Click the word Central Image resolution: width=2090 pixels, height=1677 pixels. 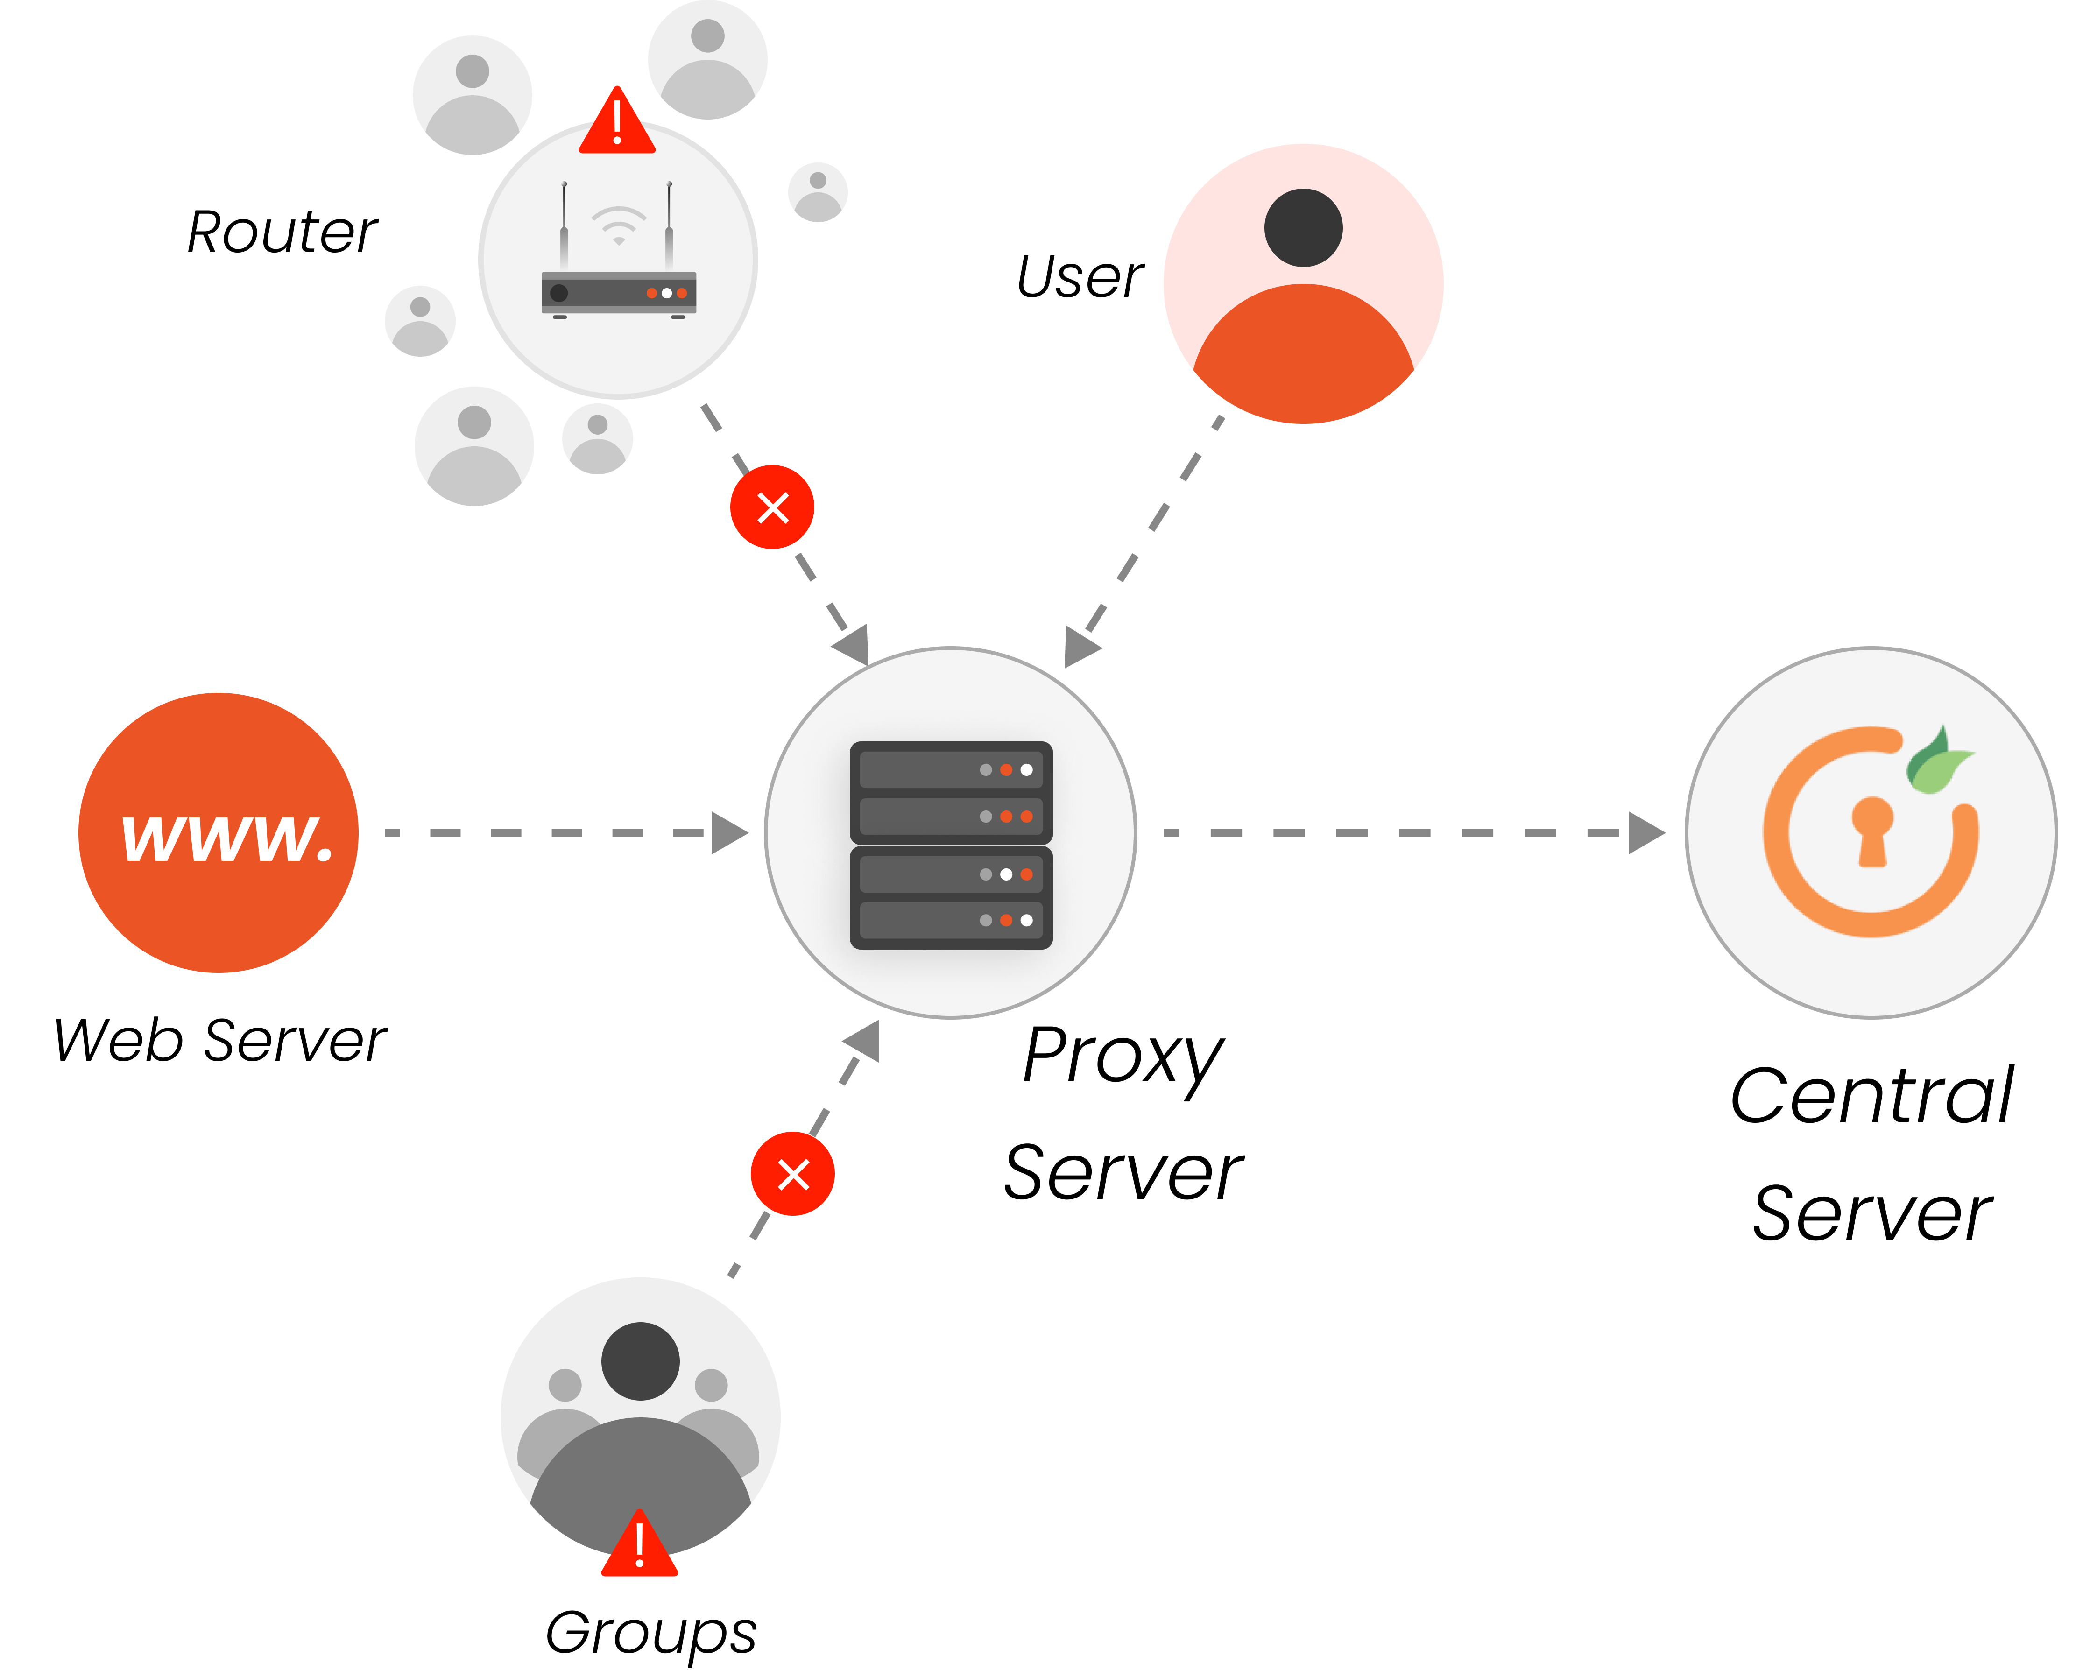[1872, 1096]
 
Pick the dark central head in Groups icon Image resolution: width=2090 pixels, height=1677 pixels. [640, 1361]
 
